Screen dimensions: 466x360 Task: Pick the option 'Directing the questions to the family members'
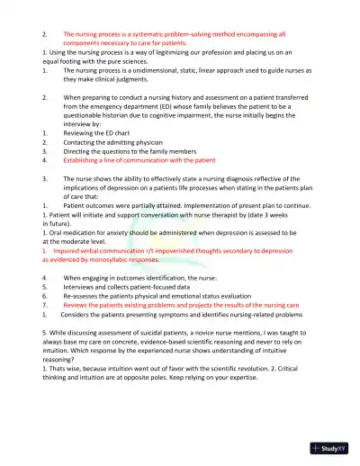pyautogui.click(x=135, y=161)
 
